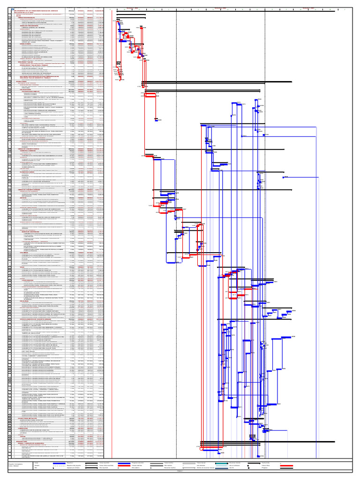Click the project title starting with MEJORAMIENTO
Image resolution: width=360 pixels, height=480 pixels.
click(39, 10)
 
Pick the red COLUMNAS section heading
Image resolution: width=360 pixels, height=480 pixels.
click(25, 253)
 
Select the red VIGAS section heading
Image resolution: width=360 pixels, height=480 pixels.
click(23, 267)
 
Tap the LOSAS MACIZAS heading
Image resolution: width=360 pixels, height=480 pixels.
click(28, 280)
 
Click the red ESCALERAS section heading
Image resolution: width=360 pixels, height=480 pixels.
click(26, 300)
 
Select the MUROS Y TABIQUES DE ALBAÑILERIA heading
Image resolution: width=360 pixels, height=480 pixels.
click(40, 443)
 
